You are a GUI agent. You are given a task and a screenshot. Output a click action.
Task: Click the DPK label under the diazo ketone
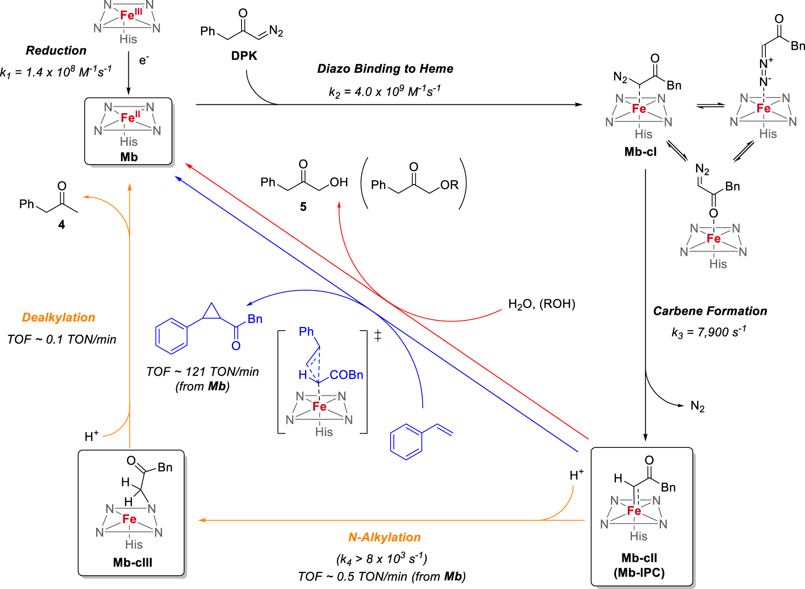(x=244, y=56)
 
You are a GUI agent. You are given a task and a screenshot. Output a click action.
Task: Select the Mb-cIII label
(x=132, y=562)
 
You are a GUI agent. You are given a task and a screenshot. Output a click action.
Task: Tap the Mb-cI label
(x=640, y=152)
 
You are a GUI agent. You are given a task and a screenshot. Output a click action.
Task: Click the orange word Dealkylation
(x=58, y=317)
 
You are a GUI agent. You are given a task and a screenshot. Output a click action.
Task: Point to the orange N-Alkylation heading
(x=384, y=537)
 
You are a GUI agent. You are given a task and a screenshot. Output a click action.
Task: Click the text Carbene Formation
(x=710, y=311)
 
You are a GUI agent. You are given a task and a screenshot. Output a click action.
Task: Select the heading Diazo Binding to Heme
(x=385, y=69)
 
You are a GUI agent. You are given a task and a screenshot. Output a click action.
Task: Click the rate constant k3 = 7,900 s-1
(x=708, y=332)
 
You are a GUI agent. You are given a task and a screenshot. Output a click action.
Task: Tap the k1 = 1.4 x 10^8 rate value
(x=56, y=72)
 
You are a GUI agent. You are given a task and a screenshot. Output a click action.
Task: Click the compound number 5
(x=303, y=207)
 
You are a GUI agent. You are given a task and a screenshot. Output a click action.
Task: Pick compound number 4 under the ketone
(x=62, y=225)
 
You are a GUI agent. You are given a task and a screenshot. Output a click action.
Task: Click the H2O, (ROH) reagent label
(x=541, y=304)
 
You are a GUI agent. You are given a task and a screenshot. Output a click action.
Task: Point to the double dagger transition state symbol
(x=378, y=336)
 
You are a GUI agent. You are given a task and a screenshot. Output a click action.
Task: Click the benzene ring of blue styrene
(x=406, y=442)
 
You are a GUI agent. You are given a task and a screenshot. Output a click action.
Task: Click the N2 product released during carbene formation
(x=697, y=406)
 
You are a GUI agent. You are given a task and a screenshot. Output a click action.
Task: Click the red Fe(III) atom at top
(x=127, y=16)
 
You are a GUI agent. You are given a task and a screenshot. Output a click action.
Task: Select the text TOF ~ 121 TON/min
(x=202, y=372)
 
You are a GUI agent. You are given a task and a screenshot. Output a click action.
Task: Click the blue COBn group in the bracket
(x=346, y=375)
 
